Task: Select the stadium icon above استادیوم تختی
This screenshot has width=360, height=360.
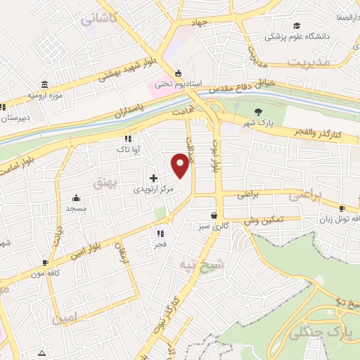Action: [x=178, y=73]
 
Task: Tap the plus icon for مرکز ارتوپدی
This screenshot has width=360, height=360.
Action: [x=154, y=178]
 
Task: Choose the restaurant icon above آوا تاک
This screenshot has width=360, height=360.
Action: [x=128, y=139]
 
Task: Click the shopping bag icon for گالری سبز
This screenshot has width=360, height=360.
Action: [x=214, y=215]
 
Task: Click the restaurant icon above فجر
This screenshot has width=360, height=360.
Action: [x=160, y=233]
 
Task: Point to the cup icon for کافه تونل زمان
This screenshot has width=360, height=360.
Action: [x=342, y=208]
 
